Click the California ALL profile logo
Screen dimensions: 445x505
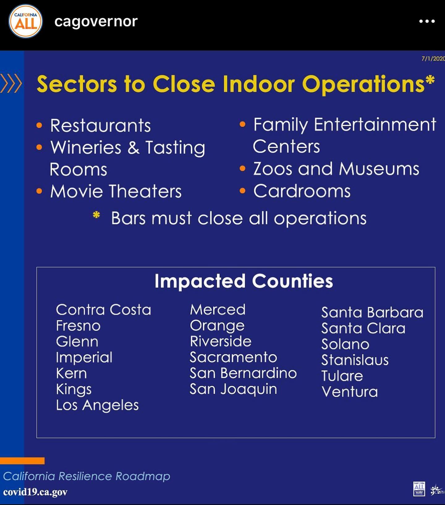coord(26,21)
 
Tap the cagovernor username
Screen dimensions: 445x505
coord(96,22)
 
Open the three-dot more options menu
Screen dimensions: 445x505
coord(427,21)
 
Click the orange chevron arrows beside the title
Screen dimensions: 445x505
coord(11,83)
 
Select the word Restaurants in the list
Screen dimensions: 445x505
coord(100,126)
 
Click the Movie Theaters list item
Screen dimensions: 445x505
coord(116,191)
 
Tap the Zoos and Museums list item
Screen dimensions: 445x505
coord(336,169)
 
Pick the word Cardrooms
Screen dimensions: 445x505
coord(302,191)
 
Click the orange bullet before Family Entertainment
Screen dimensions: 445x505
coord(243,124)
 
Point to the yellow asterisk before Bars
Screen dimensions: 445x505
coord(96,215)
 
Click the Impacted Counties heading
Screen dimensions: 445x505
coord(244,281)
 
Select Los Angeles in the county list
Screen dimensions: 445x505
coord(97,405)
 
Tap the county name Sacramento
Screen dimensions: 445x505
coord(233,357)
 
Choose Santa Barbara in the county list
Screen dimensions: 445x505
coord(372,313)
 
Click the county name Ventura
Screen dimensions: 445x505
coord(350,392)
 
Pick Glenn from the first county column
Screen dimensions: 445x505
coord(77,342)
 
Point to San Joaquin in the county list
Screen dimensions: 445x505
coord(233,389)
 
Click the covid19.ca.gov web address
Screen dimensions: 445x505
coord(35,492)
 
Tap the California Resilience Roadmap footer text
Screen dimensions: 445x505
coord(87,476)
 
